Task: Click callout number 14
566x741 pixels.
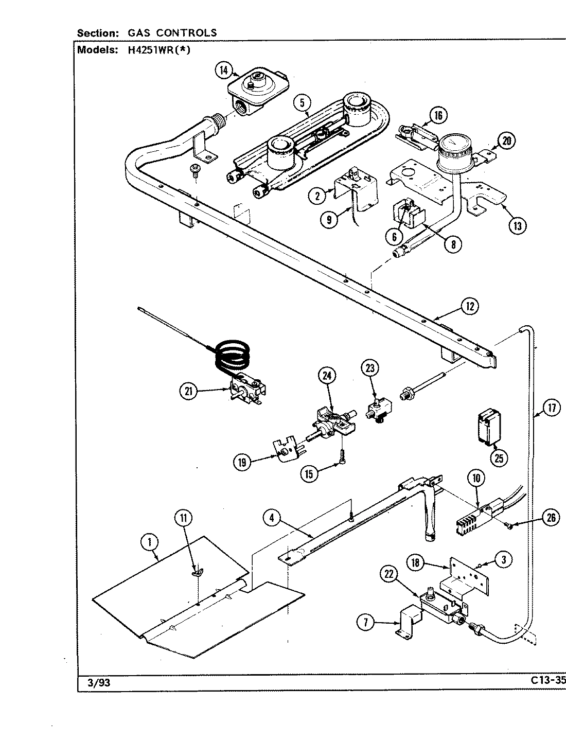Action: coord(224,70)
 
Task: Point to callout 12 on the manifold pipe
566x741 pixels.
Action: coord(469,307)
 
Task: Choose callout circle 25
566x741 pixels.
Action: coord(498,457)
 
